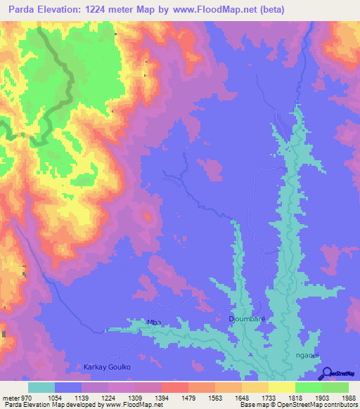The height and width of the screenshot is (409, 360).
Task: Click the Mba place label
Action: tap(153, 323)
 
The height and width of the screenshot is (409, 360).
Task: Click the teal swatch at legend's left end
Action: tap(41, 387)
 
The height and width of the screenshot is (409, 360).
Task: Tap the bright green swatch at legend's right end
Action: tap(335, 387)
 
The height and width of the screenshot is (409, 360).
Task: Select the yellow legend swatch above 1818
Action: tap(282, 387)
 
